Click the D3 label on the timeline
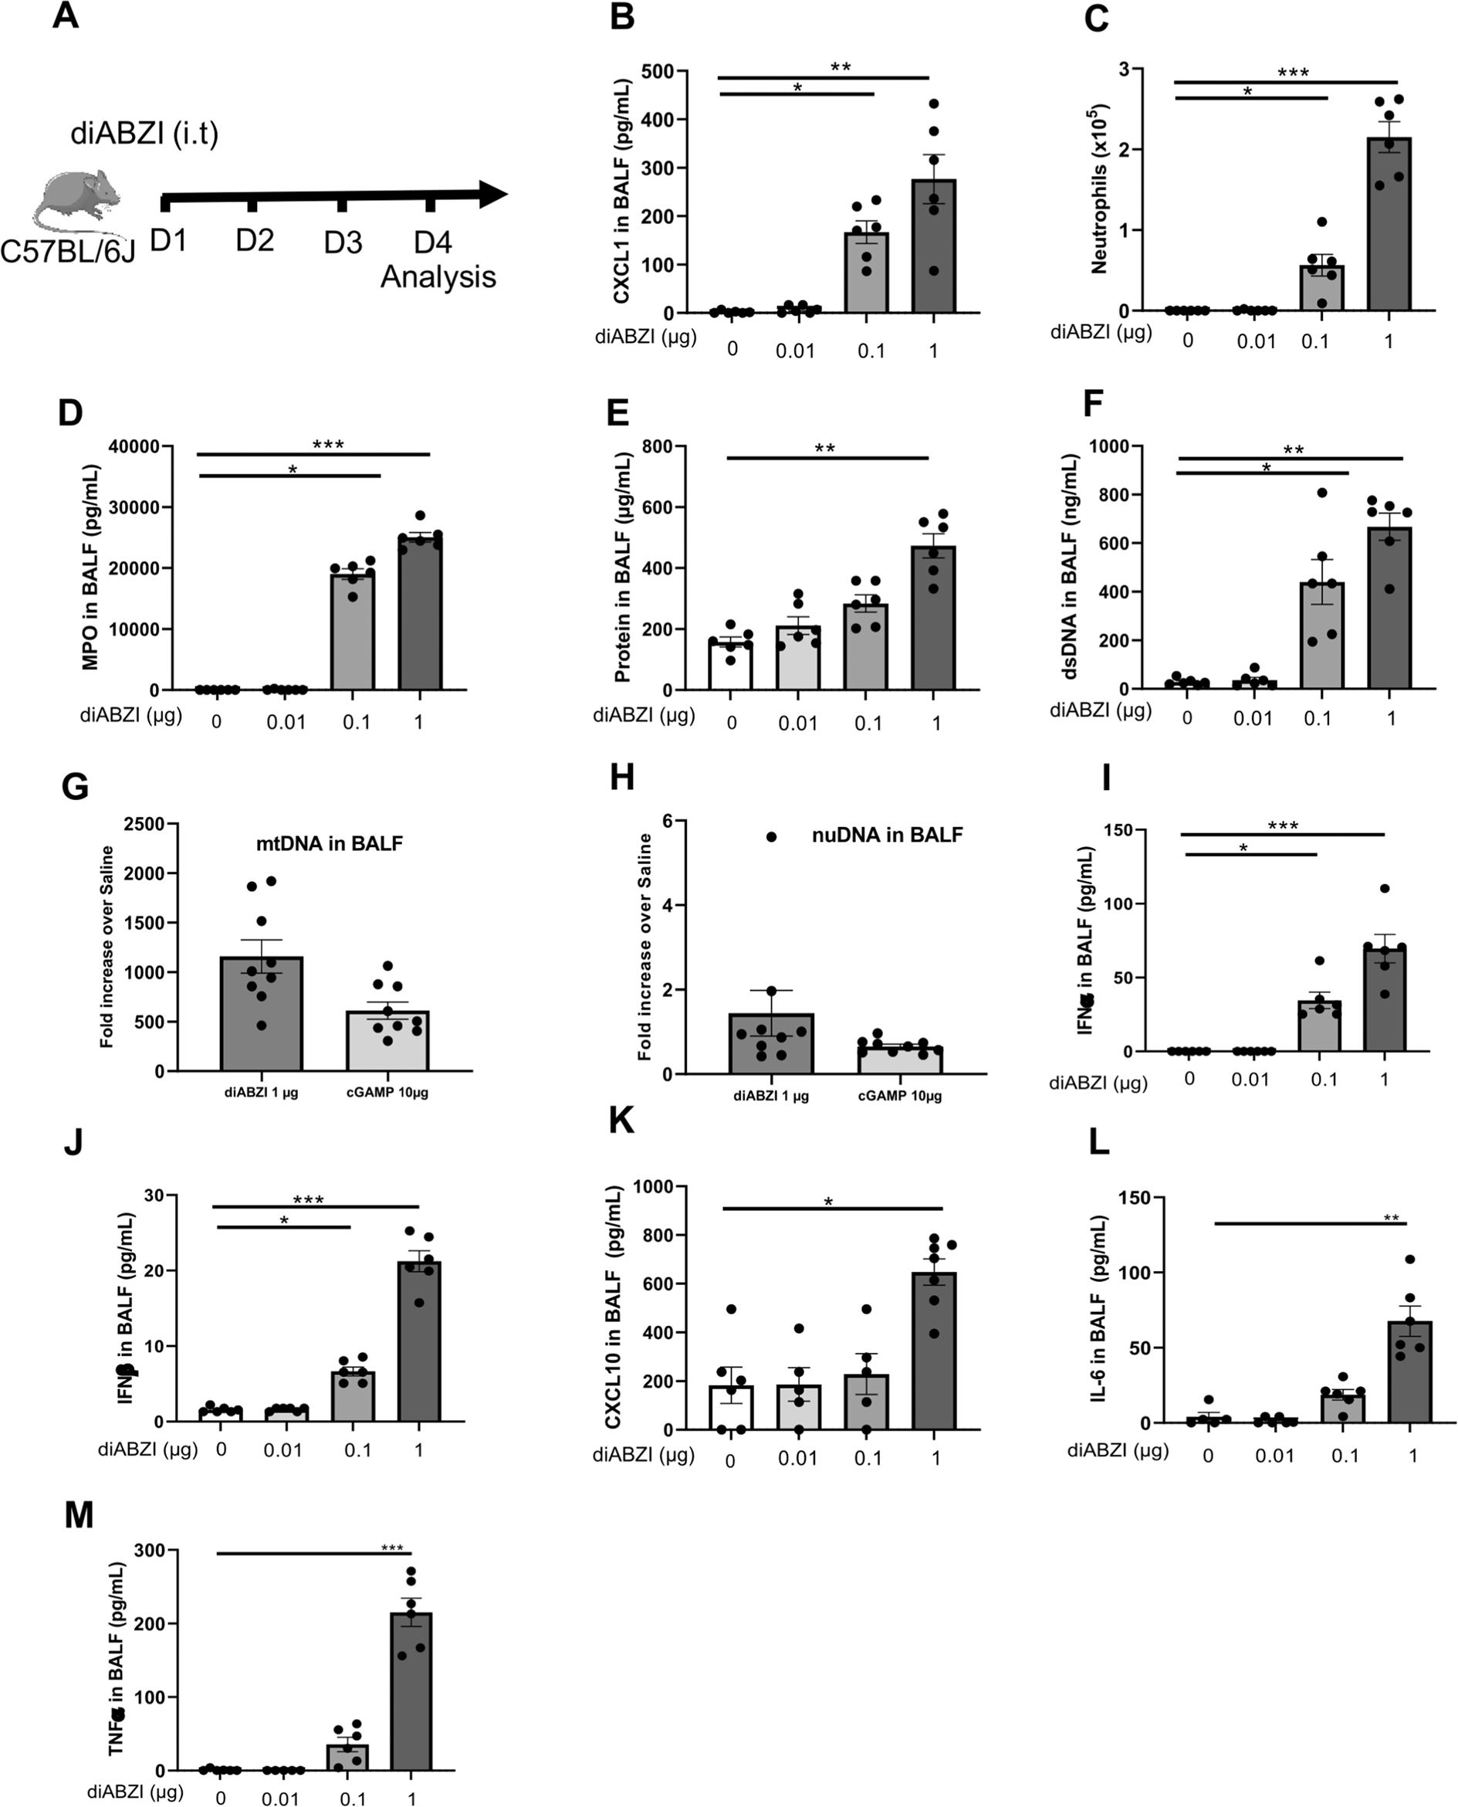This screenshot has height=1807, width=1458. [343, 242]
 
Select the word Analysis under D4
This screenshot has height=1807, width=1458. [438, 276]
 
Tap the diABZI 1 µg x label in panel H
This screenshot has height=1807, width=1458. [770, 1096]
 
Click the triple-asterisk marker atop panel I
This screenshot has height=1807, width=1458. [1283, 826]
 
